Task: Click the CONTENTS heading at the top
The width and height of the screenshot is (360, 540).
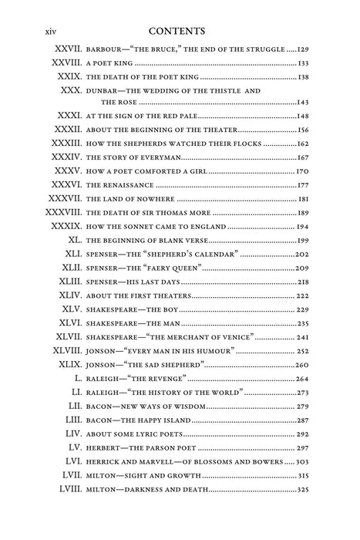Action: coord(180,32)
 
